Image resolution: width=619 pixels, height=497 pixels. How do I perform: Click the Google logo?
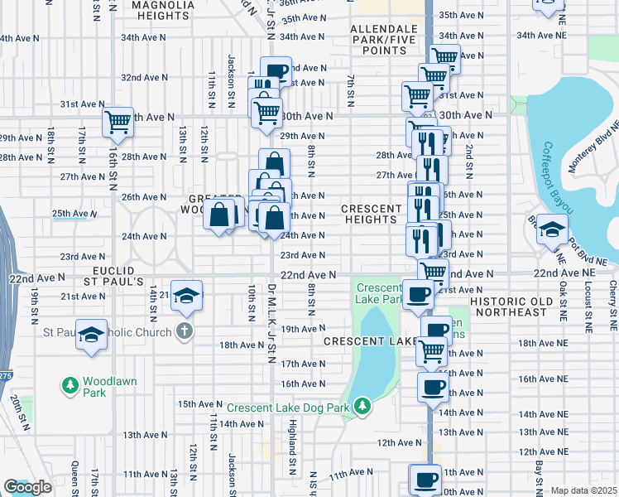coord(27,487)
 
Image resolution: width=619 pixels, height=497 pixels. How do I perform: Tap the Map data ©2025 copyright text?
coord(583,490)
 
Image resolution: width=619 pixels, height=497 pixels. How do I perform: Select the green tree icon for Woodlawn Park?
coord(71,385)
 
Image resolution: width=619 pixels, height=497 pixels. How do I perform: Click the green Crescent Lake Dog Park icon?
coord(362,406)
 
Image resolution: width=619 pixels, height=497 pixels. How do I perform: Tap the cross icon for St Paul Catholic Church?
coord(184,332)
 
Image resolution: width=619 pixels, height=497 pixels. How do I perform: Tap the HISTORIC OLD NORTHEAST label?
coord(508,306)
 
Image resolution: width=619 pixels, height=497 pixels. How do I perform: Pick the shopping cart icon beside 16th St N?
coord(118,122)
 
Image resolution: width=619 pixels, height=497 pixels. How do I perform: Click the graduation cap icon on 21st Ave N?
coord(188,296)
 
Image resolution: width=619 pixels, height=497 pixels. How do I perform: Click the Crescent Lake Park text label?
coord(380,293)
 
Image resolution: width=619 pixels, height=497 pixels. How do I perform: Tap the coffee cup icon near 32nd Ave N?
coord(276,71)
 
